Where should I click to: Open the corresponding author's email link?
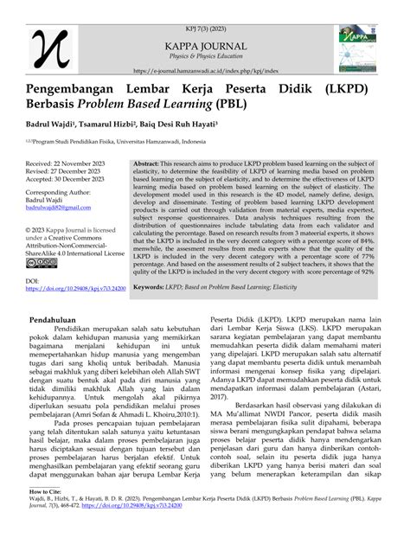click(58, 214)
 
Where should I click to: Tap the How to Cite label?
click(36, 514)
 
